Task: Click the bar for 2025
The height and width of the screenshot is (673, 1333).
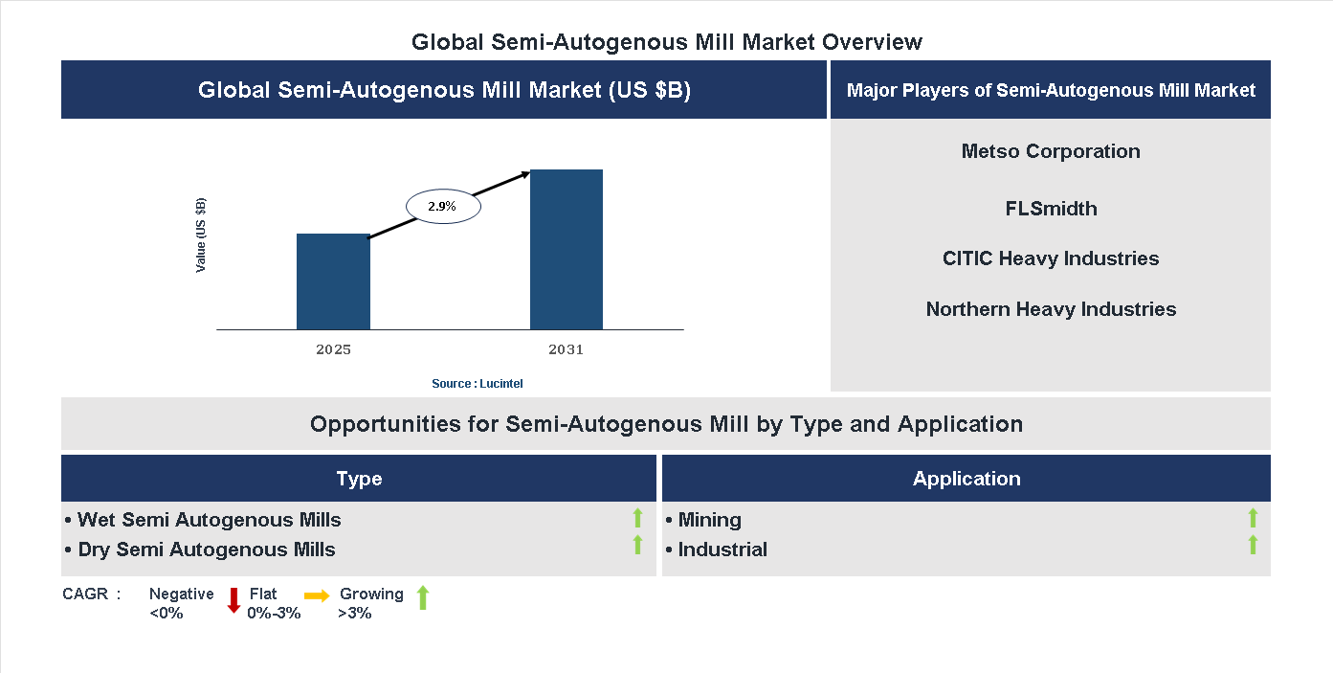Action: click(333, 281)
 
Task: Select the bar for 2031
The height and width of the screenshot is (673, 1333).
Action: click(567, 250)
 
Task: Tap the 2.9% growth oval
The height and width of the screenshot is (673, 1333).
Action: click(443, 206)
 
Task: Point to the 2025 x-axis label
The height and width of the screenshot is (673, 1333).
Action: click(333, 349)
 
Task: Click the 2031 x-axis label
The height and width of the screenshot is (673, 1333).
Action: click(566, 349)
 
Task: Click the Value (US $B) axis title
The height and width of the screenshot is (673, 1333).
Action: click(201, 236)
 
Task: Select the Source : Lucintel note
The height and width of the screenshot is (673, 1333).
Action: click(478, 383)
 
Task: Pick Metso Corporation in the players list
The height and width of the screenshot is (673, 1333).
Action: click(1051, 151)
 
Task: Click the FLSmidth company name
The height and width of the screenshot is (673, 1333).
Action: click(1051, 209)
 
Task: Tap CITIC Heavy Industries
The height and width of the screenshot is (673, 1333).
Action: click(1051, 258)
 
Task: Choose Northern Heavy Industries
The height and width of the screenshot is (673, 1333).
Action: click(1051, 309)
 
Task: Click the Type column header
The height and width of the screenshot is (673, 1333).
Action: click(359, 479)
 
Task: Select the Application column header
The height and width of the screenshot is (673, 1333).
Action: click(966, 479)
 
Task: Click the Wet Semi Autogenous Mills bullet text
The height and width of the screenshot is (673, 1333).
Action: click(209, 520)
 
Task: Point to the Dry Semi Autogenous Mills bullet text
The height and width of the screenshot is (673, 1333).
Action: click(206, 550)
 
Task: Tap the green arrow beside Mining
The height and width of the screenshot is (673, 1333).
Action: click(1253, 519)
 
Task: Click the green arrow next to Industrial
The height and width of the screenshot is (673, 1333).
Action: click(1253, 546)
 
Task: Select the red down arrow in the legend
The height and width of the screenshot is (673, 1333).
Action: click(233, 601)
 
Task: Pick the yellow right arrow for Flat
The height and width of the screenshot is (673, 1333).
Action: click(317, 595)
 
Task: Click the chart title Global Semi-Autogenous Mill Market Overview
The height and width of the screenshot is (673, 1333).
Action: click(667, 42)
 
